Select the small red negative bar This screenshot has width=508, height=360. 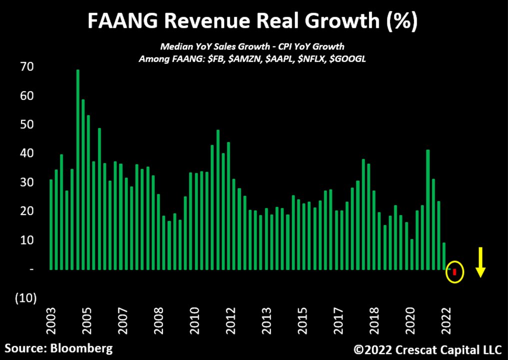[455, 271]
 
